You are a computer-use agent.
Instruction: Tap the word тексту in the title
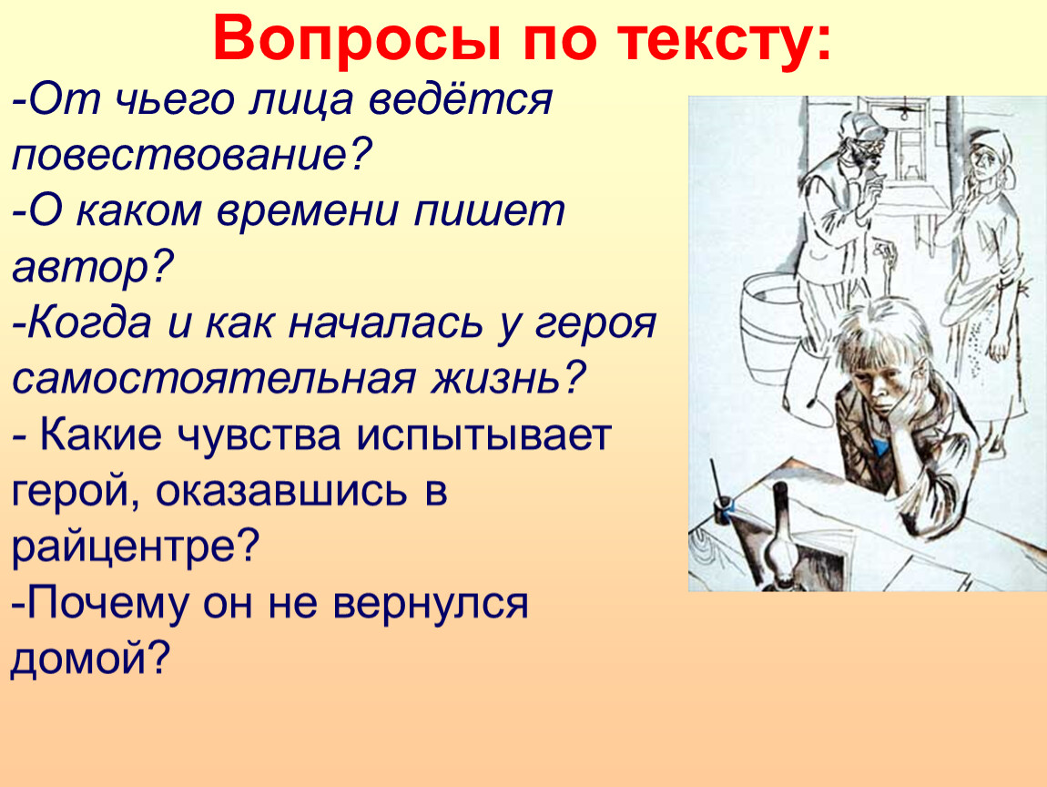[716, 39]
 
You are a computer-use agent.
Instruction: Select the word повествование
[191, 154]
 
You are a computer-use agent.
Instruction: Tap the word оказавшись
[281, 490]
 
